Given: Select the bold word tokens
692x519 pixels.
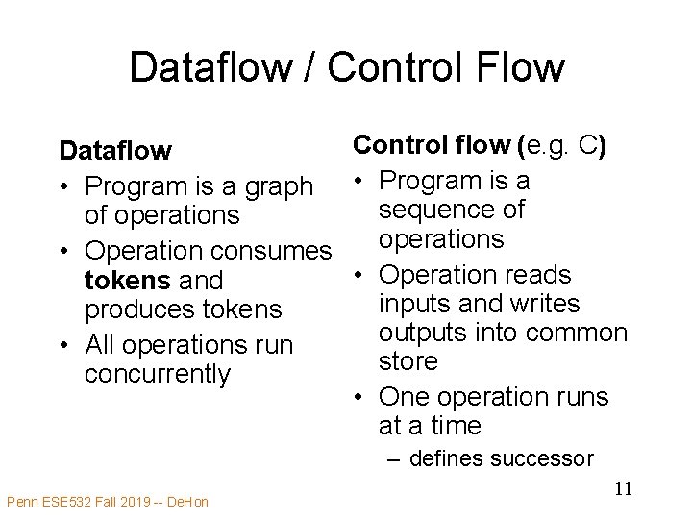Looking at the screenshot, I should (125, 281).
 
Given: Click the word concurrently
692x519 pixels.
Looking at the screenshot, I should (158, 374).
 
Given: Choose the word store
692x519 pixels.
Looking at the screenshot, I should (408, 361).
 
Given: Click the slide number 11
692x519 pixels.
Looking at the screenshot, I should (623, 489).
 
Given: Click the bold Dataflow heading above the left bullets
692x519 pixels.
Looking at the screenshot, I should (115, 151).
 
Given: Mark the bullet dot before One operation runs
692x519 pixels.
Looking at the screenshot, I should (358, 396).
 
